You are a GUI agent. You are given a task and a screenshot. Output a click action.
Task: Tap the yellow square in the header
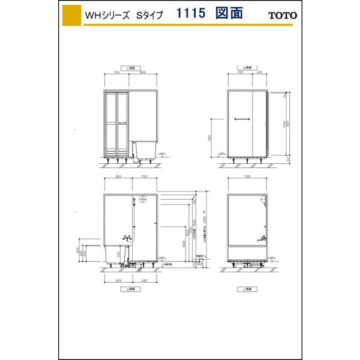(71, 14)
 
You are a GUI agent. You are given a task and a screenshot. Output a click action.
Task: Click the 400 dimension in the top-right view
(260, 72)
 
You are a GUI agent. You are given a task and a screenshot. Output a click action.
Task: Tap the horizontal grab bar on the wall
(242, 118)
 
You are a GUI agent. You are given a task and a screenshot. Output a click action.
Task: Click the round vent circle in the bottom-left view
(142, 200)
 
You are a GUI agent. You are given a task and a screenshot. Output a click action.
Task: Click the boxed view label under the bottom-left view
(130, 289)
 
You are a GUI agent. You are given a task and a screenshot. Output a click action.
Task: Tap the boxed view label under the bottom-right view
(247, 289)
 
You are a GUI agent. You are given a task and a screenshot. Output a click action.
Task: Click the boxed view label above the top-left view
(130, 67)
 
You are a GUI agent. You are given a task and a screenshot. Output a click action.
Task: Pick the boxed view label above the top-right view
(247, 67)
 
